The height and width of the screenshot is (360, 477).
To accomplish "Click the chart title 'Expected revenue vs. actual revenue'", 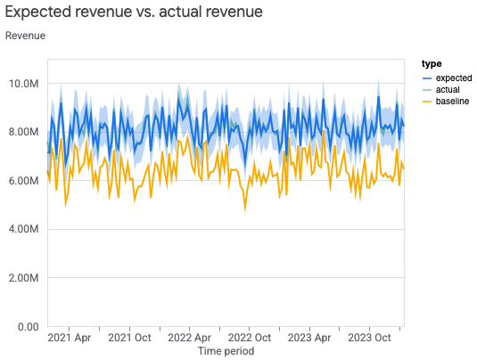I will (134, 12).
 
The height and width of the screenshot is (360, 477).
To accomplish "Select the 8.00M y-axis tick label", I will (24, 133).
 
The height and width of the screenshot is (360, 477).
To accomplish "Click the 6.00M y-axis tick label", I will (24, 181).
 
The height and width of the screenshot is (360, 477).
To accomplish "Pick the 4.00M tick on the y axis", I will (24, 230).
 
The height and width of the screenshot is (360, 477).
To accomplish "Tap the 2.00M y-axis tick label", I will (24, 278).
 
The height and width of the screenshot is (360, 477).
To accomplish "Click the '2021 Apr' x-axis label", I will (70, 339).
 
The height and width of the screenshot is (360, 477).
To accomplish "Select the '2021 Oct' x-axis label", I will (130, 339).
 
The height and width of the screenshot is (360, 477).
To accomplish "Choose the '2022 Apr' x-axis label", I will (189, 339).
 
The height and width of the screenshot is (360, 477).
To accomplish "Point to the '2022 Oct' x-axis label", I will (250, 339).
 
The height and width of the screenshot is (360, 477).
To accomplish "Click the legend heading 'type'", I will (432, 64).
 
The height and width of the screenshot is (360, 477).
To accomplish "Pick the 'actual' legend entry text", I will (448, 89).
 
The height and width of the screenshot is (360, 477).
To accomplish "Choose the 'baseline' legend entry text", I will (453, 102).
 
